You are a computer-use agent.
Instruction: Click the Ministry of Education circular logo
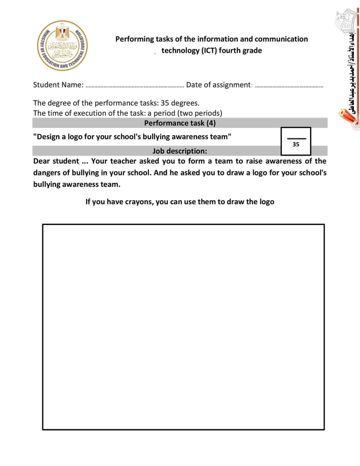(x=63, y=45)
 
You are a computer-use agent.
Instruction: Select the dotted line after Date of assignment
(x=289, y=86)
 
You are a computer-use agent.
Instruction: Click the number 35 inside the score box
(x=296, y=144)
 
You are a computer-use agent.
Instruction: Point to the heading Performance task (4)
(x=180, y=123)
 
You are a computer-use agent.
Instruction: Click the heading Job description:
(x=180, y=151)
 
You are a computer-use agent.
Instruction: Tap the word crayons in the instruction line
(x=139, y=202)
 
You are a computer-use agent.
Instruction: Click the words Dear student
(x=56, y=161)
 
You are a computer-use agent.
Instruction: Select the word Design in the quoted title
(x=49, y=137)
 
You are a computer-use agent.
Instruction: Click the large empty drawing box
(x=183, y=327)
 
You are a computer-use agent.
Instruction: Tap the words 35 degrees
(x=180, y=103)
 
